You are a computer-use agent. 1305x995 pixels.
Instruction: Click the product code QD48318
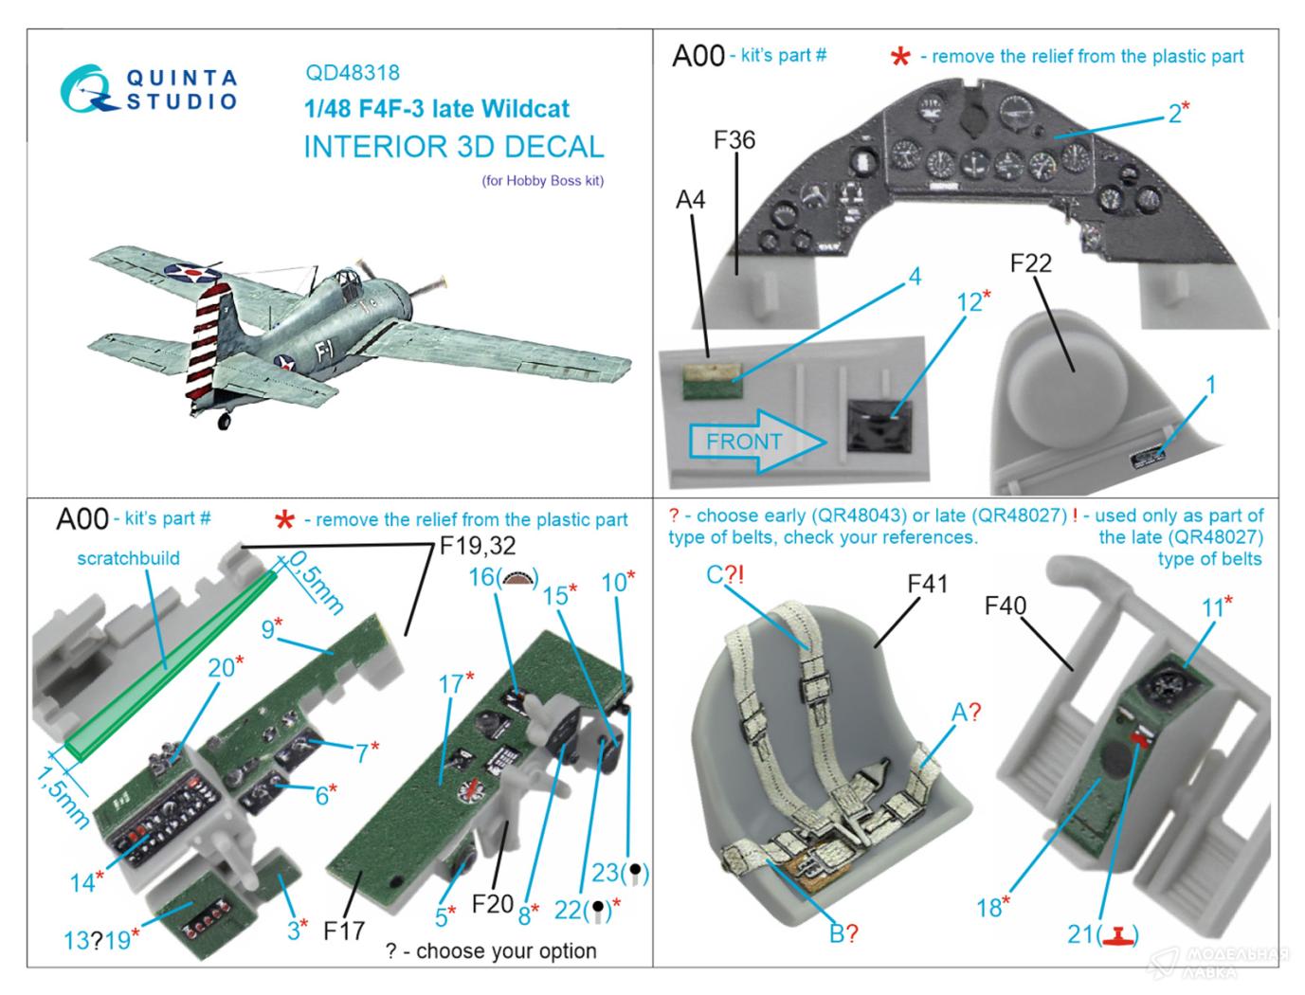tap(352, 72)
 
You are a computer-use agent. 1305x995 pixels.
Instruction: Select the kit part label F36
tap(734, 140)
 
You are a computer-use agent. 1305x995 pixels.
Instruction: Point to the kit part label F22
tap(1030, 262)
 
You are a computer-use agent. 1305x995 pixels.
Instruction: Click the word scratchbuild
tap(128, 558)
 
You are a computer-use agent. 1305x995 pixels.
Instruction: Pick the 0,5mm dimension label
tap(314, 582)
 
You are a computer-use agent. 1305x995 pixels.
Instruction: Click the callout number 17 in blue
tap(450, 682)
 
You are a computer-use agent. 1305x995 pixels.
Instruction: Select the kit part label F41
tap(927, 584)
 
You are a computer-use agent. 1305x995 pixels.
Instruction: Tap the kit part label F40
tap(1005, 606)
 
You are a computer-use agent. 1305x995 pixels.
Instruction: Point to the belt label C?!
tap(728, 574)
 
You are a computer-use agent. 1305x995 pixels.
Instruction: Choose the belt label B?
tap(843, 934)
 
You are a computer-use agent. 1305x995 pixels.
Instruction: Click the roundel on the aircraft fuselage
tap(283, 361)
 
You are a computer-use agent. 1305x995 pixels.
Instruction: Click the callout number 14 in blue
tap(82, 882)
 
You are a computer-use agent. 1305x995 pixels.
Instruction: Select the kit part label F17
tap(343, 932)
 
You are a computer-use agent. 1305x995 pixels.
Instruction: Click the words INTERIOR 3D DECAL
tap(453, 147)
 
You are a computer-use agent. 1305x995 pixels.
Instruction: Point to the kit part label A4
tap(690, 200)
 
